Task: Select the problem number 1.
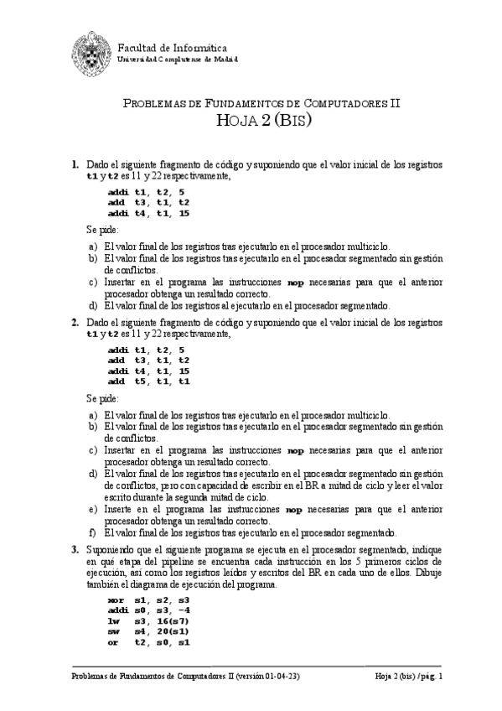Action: (x=75, y=164)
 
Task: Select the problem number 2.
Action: (x=75, y=322)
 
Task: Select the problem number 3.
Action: (x=75, y=548)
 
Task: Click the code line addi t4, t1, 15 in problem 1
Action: (x=149, y=213)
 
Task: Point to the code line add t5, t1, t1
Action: (x=149, y=381)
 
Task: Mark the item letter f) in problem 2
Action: (x=92, y=532)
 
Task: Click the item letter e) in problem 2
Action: (x=92, y=509)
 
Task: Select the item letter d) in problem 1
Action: (x=92, y=306)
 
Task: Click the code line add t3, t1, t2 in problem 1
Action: (x=149, y=202)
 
